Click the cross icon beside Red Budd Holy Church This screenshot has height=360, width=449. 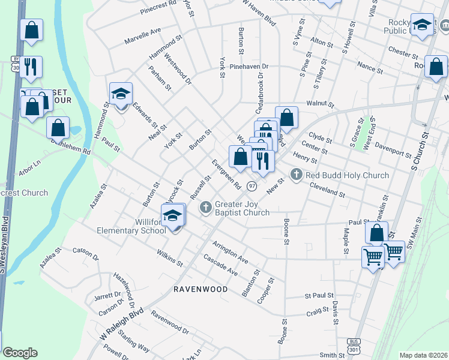[295, 175]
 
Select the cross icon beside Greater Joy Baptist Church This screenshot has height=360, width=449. [205, 207]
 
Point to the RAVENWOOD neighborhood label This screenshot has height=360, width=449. [200, 289]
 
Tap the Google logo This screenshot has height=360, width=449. [20, 353]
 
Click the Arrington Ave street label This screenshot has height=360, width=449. [230, 252]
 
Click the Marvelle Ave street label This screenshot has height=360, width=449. [143, 36]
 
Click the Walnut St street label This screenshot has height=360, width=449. [319, 103]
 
